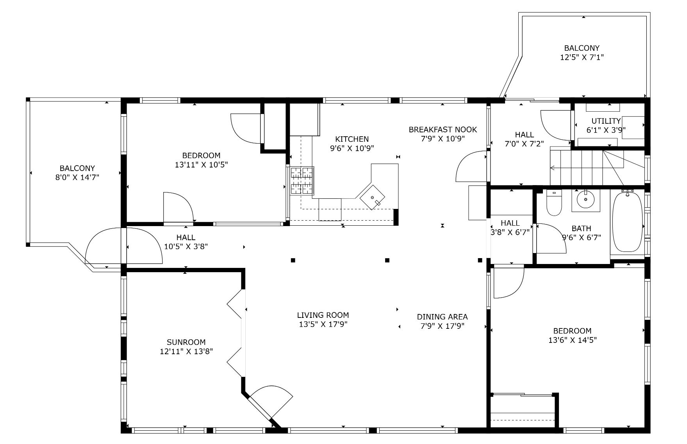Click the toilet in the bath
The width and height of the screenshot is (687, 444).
tap(553, 203)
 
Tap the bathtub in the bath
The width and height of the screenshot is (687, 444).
tap(627, 222)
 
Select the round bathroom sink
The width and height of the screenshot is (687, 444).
tap(586, 200)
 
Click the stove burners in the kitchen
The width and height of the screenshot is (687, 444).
tap(302, 180)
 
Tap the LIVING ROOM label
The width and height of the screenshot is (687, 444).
tap(323, 315)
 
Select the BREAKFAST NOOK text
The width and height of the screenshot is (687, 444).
tap(443, 130)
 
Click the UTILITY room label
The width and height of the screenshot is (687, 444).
tap(606, 121)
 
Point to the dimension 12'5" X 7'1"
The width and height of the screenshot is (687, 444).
tap(582, 57)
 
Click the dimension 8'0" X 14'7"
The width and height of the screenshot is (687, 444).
tap(77, 178)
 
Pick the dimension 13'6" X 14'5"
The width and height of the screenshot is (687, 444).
tap(572, 340)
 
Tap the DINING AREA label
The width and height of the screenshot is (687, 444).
tap(442, 317)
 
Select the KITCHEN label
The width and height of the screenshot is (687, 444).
tap(352, 139)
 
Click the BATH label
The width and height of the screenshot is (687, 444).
tap(581, 228)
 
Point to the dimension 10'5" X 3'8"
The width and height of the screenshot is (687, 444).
tap(186, 246)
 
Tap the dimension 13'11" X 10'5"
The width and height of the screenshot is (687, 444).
tap(201, 164)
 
